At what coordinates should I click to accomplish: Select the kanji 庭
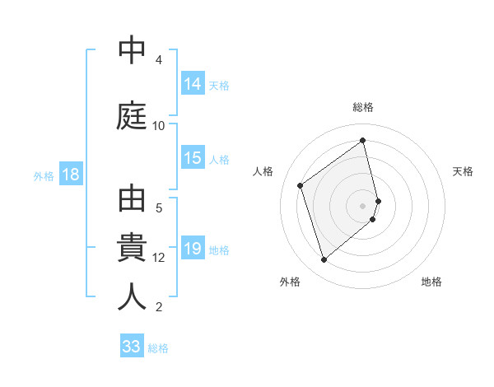click(132, 116)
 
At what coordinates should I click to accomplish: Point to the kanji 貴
click(132, 247)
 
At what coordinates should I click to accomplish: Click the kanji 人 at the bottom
click(132, 296)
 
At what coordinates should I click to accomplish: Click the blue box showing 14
click(193, 83)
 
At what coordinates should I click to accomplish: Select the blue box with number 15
click(193, 158)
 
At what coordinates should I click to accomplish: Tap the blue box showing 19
click(193, 249)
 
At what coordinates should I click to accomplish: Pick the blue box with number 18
click(70, 175)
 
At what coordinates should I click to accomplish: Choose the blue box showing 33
click(132, 347)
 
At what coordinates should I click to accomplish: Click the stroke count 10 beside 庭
click(159, 125)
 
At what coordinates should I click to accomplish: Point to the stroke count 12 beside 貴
click(159, 257)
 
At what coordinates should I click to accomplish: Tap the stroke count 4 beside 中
click(159, 59)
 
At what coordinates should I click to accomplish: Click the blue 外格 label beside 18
click(44, 175)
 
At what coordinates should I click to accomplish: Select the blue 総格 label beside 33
click(158, 347)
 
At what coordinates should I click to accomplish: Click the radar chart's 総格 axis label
click(363, 107)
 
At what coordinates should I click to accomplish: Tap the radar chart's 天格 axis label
click(463, 171)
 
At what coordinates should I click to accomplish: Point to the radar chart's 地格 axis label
click(431, 282)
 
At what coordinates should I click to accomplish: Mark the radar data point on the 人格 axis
click(301, 185)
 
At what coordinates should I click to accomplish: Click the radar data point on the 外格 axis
click(324, 260)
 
